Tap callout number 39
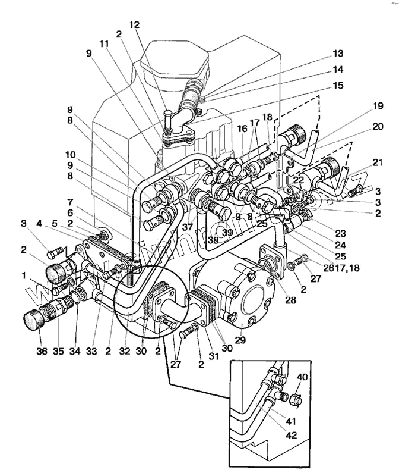point(227,231)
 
